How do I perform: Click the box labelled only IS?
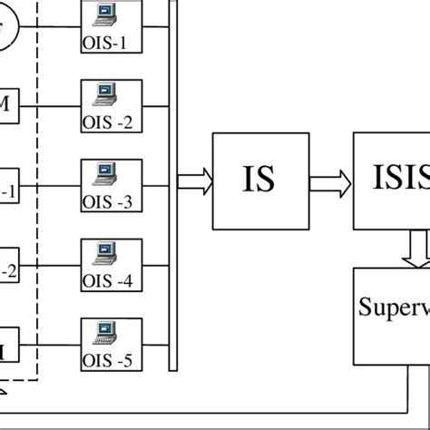pos(260,181)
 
